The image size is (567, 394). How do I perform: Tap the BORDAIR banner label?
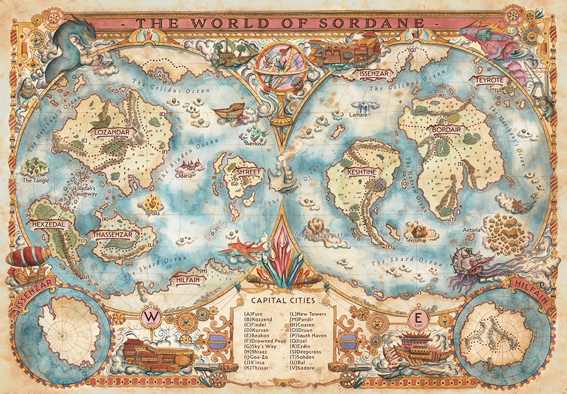click(446, 130)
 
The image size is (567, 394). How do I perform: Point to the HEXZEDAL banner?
click(50, 224)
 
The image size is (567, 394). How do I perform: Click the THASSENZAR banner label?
click(113, 234)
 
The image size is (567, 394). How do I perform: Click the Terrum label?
click(416, 241)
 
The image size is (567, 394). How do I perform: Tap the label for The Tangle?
click(35, 181)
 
